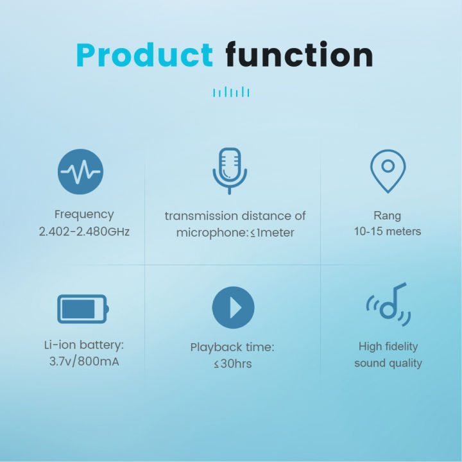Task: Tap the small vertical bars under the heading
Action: [x=231, y=93]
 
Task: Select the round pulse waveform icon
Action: [x=80, y=172]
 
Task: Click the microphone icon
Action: [x=230, y=171]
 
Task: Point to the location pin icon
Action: [x=388, y=171]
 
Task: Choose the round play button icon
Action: [x=233, y=308]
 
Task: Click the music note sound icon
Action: [x=388, y=305]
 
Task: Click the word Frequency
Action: [x=84, y=214]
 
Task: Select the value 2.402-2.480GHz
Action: [x=84, y=231]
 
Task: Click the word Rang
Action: [x=388, y=216]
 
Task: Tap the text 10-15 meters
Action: [x=388, y=231]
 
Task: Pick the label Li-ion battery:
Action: [x=84, y=345]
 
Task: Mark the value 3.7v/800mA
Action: [x=84, y=362]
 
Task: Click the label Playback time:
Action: [x=232, y=347]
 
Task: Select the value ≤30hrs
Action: [x=232, y=364]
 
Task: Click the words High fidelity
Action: [x=388, y=346]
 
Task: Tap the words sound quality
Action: [x=388, y=363]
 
